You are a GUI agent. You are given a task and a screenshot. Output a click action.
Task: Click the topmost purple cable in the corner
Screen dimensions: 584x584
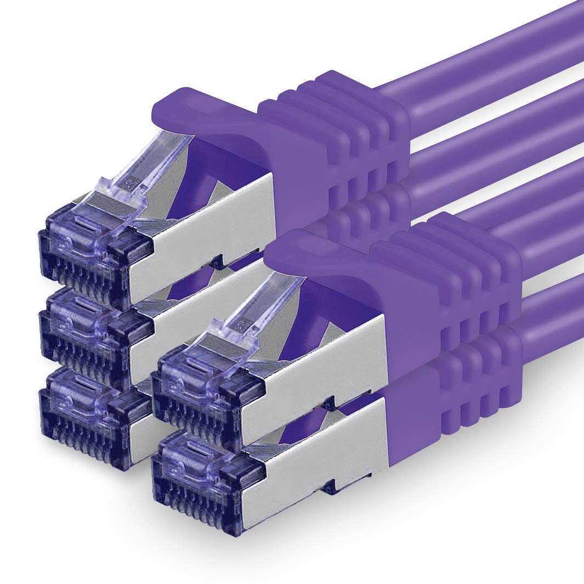[494, 49]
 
